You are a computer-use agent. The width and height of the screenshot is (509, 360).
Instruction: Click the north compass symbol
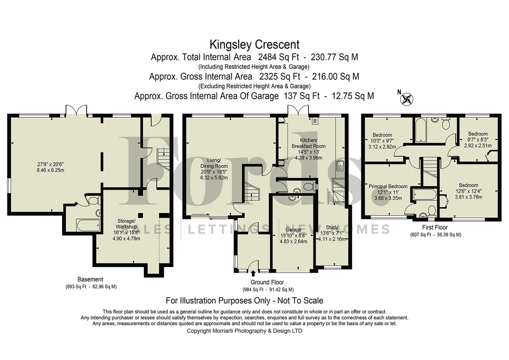[x=407, y=99]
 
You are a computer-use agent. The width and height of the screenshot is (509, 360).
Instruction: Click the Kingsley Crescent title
[x=254, y=44]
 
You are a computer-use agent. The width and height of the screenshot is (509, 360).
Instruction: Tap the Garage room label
[x=293, y=230]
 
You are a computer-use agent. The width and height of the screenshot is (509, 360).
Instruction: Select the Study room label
[x=332, y=227]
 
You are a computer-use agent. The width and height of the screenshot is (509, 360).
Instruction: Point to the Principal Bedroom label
[x=388, y=186]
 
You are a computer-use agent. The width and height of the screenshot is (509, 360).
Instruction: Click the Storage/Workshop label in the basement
[x=126, y=224]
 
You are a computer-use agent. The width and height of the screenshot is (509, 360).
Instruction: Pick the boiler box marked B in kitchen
[x=314, y=121]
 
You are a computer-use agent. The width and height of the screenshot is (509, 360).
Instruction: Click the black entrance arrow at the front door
[x=253, y=274]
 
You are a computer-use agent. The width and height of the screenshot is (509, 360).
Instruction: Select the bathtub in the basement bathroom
[x=88, y=225]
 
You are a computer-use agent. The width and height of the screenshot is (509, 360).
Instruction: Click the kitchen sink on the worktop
[x=340, y=166]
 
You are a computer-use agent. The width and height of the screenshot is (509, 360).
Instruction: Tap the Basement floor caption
[x=90, y=279]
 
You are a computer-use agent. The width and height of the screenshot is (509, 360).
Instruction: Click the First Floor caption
[x=435, y=227]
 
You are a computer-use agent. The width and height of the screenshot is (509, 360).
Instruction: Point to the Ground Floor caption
[x=267, y=282]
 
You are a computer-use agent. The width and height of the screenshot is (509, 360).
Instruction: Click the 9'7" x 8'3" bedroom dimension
[x=478, y=140]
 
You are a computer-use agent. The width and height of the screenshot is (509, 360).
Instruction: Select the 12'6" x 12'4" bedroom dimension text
[x=468, y=191]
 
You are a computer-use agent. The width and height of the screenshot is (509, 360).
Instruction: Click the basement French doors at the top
[x=76, y=110]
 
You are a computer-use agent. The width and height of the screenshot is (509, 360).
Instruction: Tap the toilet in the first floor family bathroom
[x=446, y=124]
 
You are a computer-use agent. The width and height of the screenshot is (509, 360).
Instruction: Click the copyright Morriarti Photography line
[x=244, y=331]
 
